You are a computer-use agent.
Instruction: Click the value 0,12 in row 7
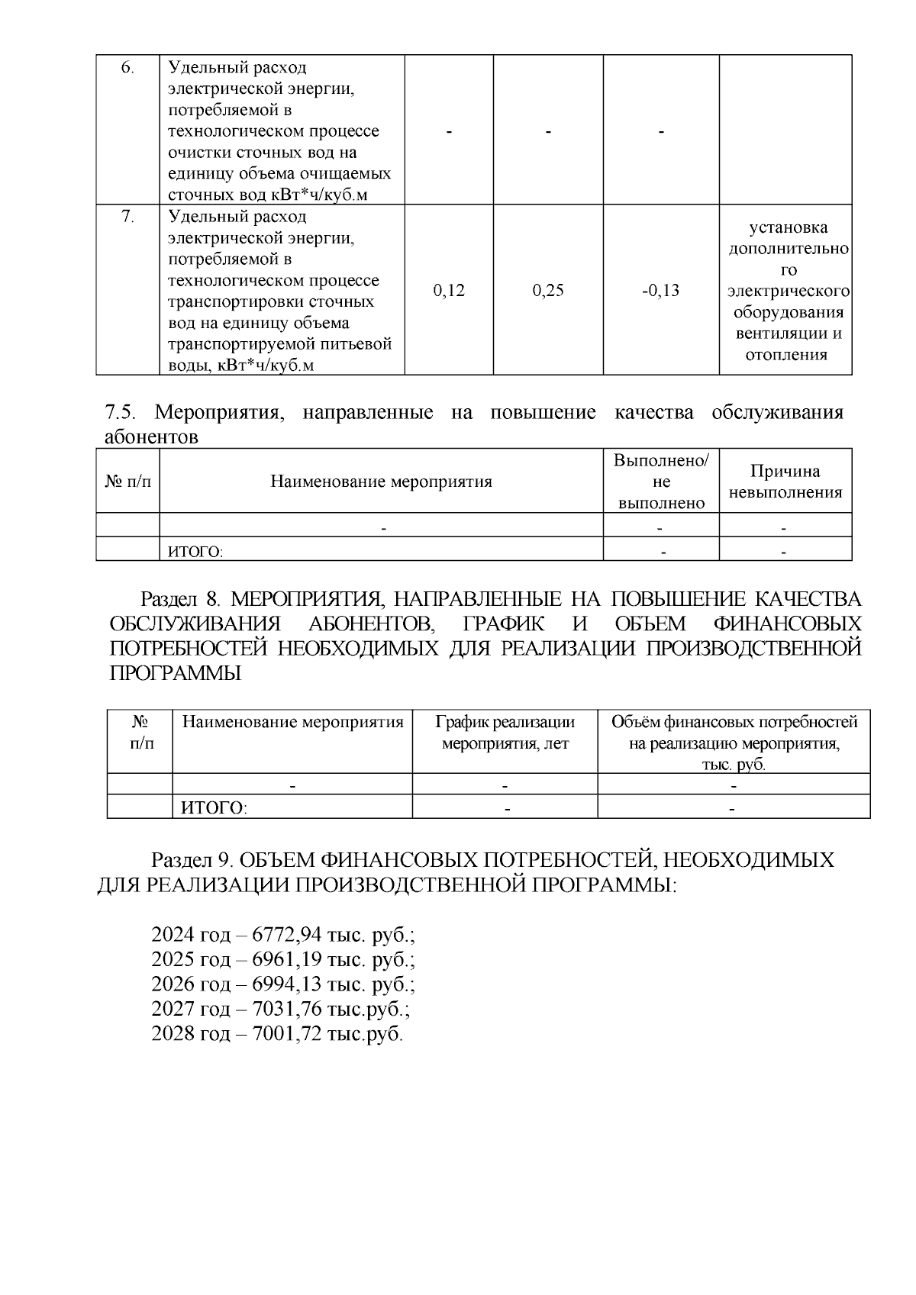point(449,291)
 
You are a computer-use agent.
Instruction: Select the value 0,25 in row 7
point(548,291)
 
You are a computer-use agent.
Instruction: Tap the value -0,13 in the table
point(661,291)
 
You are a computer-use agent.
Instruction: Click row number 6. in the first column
point(127,67)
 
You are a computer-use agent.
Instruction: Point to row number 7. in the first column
point(127,217)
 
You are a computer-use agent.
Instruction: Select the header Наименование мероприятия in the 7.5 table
point(381,482)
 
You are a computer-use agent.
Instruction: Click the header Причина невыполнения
point(785,482)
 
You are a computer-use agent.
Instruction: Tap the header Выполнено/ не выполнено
point(661,482)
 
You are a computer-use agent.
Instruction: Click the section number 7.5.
point(120,413)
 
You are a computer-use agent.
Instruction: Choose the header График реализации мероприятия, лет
point(505,733)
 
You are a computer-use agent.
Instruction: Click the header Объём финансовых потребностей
point(734,722)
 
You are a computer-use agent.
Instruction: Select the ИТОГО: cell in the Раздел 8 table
point(214,807)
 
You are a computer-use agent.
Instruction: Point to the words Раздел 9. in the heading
point(191,860)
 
